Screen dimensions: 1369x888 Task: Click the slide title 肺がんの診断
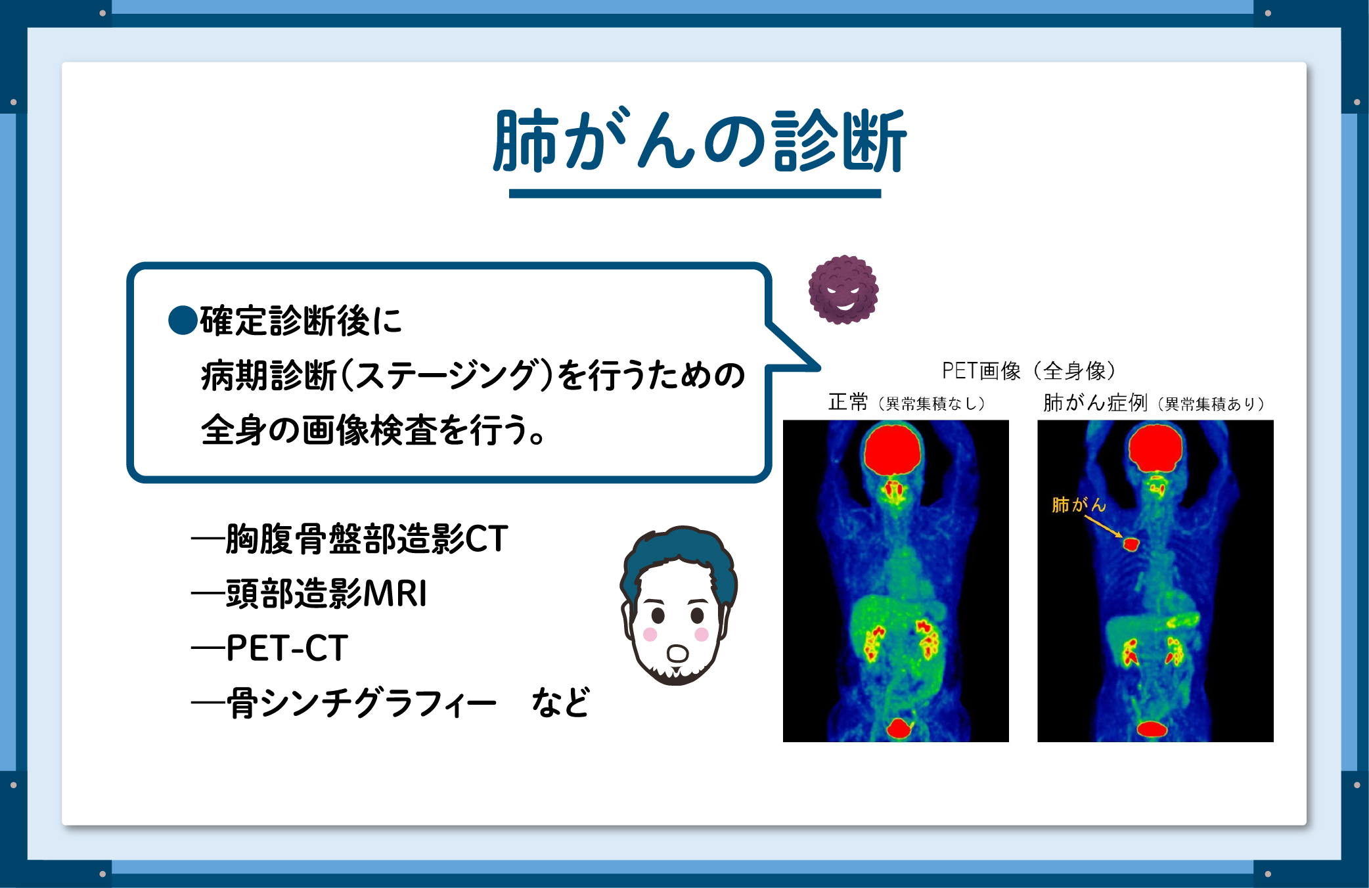pos(700,141)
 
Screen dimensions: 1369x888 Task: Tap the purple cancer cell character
pos(843,290)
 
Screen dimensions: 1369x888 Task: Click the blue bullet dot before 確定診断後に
pos(183,321)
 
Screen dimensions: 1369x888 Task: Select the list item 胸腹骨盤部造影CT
pos(367,539)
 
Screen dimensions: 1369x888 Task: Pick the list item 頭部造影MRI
pos(326,594)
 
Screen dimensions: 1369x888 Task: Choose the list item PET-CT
pos(287,648)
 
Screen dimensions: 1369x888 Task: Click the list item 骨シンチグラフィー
pos(361,703)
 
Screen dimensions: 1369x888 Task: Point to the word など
pos(560,703)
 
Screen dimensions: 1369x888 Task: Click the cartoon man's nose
pos(677,654)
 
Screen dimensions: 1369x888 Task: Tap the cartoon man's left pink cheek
pos(650,634)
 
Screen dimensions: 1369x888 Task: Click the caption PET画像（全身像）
pos(1029,371)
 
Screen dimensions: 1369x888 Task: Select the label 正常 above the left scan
pos(848,402)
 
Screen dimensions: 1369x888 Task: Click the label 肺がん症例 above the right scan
pos(1095,402)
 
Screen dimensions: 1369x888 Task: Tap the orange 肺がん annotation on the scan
pos(1079,504)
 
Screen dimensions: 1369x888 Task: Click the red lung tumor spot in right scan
pos(1131,544)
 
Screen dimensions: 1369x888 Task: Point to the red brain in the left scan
pos(893,449)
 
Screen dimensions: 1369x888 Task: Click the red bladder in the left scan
pos(898,728)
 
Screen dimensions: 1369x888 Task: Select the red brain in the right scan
pos(1155,448)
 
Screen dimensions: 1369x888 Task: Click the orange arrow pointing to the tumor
pos(1104,526)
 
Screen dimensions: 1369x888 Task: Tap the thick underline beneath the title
pos(695,193)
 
